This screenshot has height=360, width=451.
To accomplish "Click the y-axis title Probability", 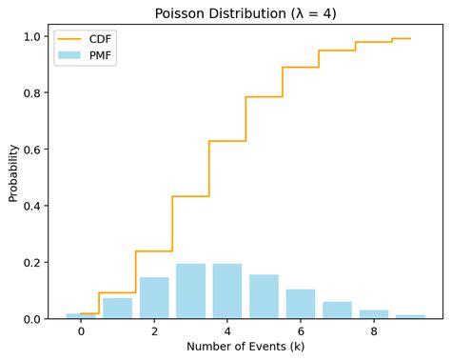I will coord(13,172).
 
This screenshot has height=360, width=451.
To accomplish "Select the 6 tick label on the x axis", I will coord(301,332).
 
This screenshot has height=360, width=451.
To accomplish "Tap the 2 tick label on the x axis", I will coord(154,332).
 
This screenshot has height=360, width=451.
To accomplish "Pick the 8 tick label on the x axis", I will coord(374,332).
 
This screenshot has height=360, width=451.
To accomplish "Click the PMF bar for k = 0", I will coord(81,315).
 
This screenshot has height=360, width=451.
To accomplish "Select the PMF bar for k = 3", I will coord(190,291).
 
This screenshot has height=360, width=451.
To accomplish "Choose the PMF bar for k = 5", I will coord(264,296).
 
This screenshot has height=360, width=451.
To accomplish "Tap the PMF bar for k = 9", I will coord(410,316).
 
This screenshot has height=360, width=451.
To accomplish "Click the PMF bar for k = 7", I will coord(337,310).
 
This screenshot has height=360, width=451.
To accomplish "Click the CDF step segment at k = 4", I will coord(227,141).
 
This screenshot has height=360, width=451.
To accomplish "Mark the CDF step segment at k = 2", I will coord(154,251).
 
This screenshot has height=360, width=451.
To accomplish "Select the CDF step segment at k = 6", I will coord(301,68).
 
